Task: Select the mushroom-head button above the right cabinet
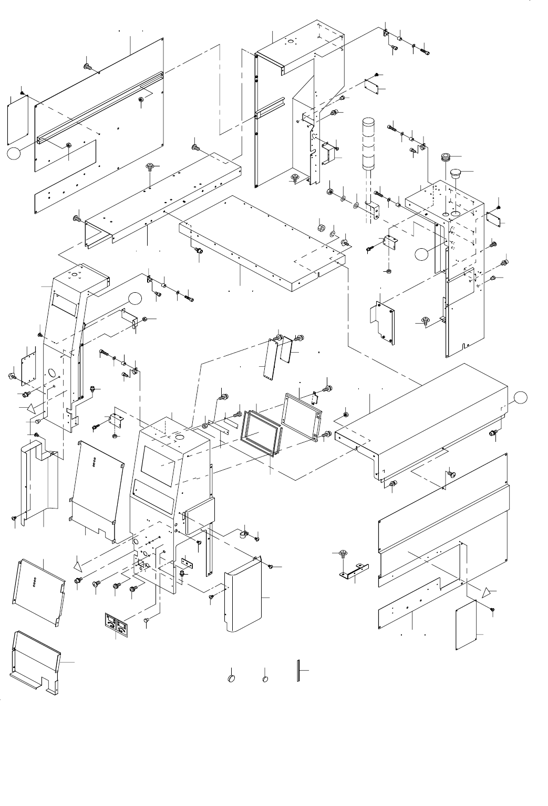pos(455,173)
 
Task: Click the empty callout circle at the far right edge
pos(520,397)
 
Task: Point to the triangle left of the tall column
pos(31,407)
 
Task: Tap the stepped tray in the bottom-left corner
pos(35,665)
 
